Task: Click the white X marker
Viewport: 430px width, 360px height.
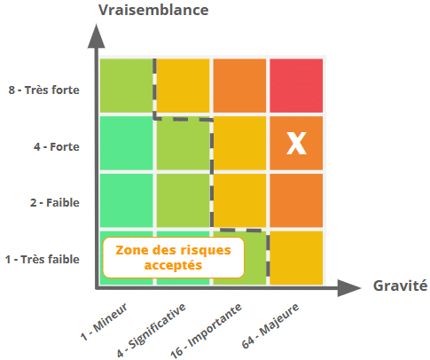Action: point(296,144)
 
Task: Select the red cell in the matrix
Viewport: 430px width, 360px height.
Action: point(296,85)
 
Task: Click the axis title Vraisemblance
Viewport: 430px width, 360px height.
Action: point(153,10)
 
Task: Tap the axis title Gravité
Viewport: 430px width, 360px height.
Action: point(400,286)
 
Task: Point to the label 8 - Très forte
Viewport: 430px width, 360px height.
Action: point(43,90)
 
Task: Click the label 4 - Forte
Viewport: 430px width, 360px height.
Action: point(57,146)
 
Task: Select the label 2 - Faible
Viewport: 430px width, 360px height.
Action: point(55,203)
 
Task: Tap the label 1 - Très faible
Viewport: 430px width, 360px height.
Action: point(43,260)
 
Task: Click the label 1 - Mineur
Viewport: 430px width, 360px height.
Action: point(104,321)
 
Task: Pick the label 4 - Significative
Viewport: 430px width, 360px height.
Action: point(151,330)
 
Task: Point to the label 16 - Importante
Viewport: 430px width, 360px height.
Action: point(206,331)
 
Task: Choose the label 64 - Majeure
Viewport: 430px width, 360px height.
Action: point(270,325)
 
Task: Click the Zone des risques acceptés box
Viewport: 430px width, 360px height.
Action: point(174,257)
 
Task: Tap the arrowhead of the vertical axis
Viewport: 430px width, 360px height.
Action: point(96,35)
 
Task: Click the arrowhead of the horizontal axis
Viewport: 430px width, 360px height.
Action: point(349,287)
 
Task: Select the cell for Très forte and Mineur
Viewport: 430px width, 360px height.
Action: point(127,85)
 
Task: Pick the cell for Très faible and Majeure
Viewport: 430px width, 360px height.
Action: point(296,258)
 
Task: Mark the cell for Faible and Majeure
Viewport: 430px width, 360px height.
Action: point(296,200)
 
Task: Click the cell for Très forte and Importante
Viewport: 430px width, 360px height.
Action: point(239,85)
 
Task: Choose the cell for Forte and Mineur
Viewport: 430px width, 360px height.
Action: point(127,143)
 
